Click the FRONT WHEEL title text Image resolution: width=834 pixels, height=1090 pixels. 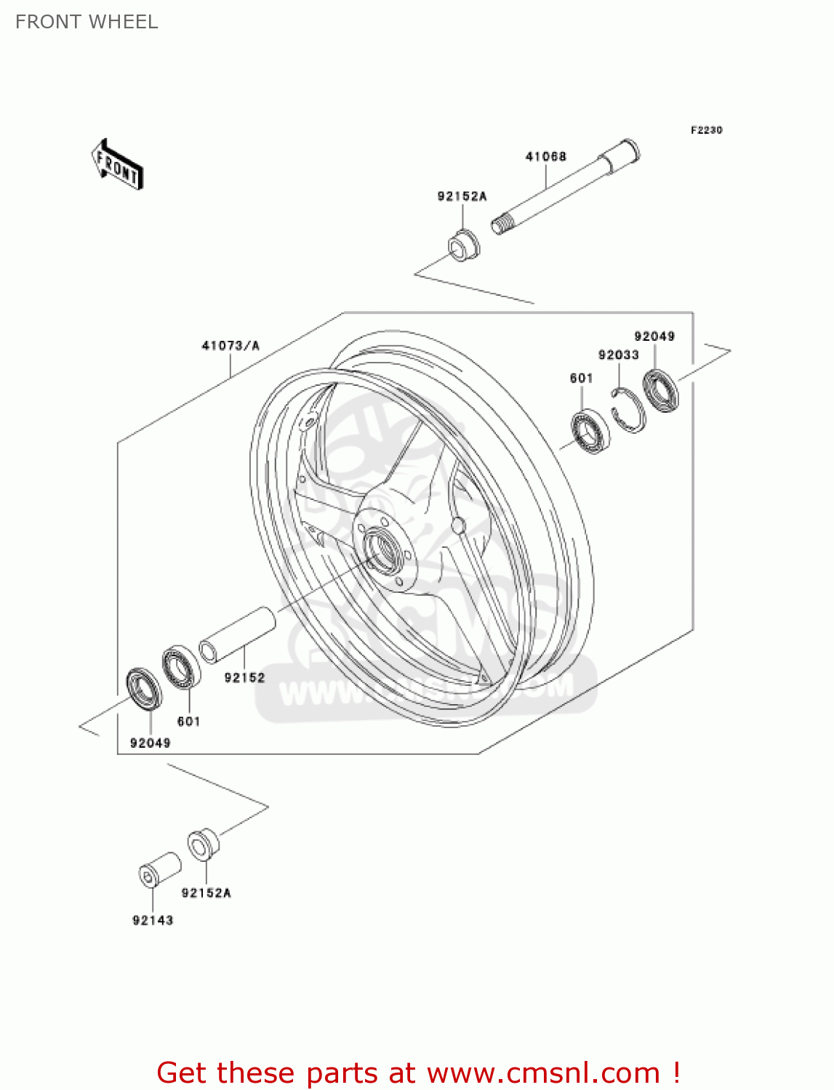pyautogui.click(x=87, y=22)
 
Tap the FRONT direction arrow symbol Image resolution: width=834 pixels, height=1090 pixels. pyautogui.click(x=117, y=165)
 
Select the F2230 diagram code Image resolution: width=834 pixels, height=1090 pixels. pyautogui.click(x=706, y=130)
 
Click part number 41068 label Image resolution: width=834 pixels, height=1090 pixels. pyautogui.click(x=545, y=156)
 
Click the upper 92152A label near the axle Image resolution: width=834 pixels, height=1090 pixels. pyautogui.click(x=462, y=196)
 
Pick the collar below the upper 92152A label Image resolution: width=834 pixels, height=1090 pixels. pyautogui.click(x=462, y=245)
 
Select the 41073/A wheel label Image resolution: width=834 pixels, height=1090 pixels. pyautogui.click(x=230, y=345)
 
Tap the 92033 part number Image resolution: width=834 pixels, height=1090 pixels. pyautogui.click(x=618, y=355)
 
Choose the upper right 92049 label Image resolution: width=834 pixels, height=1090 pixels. pyautogui.click(x=654, y=336)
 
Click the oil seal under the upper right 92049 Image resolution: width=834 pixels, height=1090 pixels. pyautogui.click(x=660, y=390)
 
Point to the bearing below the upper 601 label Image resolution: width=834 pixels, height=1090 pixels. pyautogui.click(x=590, y=432)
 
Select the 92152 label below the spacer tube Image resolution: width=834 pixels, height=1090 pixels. pyautogui.click(x=244, y=677)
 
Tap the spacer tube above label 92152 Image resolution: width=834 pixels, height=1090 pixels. pyautogui.click(x=238, y=635)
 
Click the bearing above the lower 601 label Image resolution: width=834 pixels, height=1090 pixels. pyautogui.click(x=182, y=667)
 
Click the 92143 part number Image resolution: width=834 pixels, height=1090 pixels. pyautogui.click(x=153, y=920)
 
